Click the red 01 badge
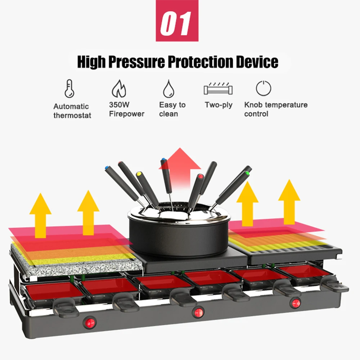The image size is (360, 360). tap(177, 21)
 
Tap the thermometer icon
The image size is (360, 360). tap(69, 89)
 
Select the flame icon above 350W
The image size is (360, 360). tap(119, 89)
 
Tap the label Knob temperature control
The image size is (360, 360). tap(276, 109)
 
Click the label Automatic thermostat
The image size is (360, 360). tap(72, 111)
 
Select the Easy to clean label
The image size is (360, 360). tap(172, 109)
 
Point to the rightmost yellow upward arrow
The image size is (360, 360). tap(289, 202)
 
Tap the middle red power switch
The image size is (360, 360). tap(198, 313)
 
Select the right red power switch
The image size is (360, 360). tap(295, 303)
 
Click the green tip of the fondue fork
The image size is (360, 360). tap(248, 174)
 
